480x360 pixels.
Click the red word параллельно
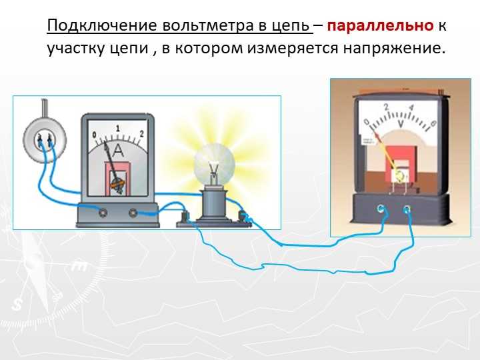[380, 26]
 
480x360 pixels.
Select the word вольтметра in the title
[208, 26]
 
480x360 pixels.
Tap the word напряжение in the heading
[394, 49]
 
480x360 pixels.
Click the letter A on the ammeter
[118, 151]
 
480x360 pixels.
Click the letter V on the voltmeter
[401, 124]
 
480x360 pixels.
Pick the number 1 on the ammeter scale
[118, 129]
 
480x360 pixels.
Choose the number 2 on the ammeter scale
[141, 134]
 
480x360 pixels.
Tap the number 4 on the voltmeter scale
[411, 108]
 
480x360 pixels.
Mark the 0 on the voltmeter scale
[367, 122]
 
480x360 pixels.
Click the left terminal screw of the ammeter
[103, 213]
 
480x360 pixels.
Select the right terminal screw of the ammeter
[133, 213]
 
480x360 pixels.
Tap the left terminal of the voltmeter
[381, 209]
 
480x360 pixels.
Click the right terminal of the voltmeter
[407, 209]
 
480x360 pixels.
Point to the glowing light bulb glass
[214, 165]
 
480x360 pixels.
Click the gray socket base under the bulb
[214, 205]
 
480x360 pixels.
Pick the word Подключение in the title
[102, 26]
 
